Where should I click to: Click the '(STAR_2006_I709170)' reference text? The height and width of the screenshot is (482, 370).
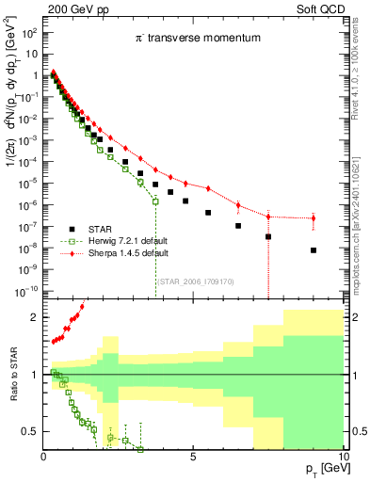[195, 281]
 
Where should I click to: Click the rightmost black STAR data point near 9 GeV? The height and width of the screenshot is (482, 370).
[313, 250]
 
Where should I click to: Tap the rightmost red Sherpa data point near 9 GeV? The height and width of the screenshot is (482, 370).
[313, 218]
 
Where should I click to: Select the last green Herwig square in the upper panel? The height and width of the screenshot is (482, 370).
[155, 201]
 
